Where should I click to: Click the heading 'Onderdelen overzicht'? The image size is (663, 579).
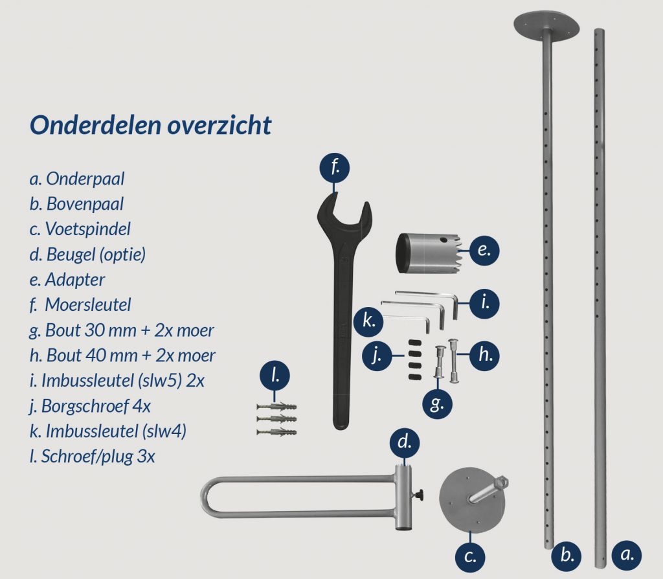tap(150, 125)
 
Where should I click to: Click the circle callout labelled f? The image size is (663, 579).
tap(334, 168)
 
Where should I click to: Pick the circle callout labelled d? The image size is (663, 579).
tap(405, 443)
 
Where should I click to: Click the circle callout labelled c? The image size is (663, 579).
tap(471, 555)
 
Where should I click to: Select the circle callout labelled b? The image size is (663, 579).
tap(567, 555)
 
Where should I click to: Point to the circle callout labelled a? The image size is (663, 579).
tap(626, 555)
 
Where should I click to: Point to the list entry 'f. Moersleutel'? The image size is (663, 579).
tap(82, 305)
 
